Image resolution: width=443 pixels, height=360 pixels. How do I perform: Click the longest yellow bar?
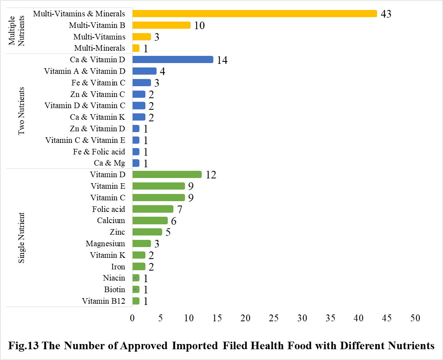(x=255, y=14)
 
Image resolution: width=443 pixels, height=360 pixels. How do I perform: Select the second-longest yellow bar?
(x=161, y=25)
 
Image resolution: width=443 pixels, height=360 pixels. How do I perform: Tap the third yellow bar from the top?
(x=142, y=37)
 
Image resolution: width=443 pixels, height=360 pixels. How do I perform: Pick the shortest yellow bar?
(x=136, y=48)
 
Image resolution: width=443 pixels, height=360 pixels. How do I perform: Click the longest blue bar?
(x=173, y=59)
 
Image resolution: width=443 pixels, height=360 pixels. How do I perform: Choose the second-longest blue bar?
(x=145, y=71)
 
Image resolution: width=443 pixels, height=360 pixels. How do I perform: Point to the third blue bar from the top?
(x=142, y=83)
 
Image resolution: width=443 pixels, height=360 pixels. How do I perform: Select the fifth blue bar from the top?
(x=139, y=106)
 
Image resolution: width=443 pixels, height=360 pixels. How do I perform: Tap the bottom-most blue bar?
(x=136, y=163)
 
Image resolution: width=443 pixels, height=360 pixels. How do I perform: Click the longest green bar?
(x=167, y=174)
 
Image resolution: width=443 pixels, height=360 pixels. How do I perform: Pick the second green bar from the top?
(x=159, y=186)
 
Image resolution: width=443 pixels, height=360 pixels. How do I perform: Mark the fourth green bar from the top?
(x=153, y=209)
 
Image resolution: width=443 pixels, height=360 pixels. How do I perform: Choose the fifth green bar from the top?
(x=150, y=220)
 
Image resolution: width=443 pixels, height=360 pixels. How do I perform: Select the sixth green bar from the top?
(x=147, y=232)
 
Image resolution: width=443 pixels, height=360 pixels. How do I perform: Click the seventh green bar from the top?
(x=142, y=243)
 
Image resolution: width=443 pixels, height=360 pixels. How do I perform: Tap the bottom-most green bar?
(x=136, y=301)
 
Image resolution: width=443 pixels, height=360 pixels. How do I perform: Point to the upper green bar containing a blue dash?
(x=136, y=278)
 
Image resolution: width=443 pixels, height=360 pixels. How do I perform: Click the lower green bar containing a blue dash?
(x=136, y=289)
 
